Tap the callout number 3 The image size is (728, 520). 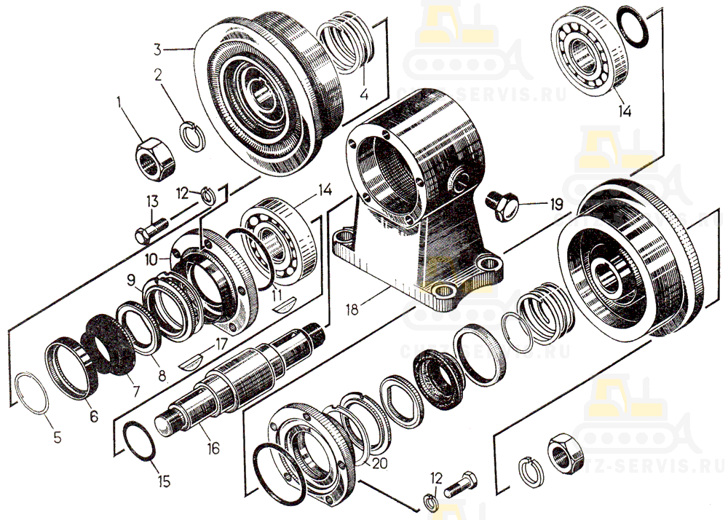click(157, 49)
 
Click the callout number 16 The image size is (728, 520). click(213, 449)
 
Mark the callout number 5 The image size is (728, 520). click(58, 438)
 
